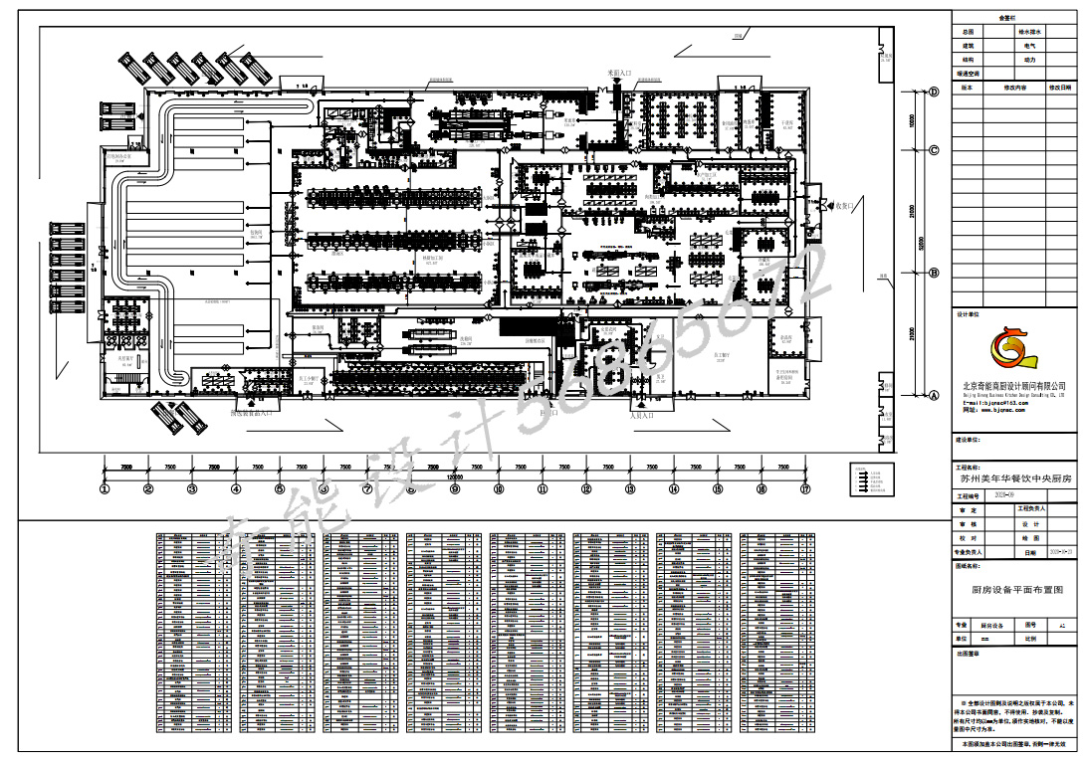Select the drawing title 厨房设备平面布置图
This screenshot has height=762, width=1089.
pyautogui.click(x=1016, y=590)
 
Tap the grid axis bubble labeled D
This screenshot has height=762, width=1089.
pyautogui.click(x=934, y=92)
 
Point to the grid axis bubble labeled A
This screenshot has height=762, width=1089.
pyautogui.click(x=934, y=395)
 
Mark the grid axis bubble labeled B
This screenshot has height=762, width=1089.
pyautogui.click(x=934, y=272)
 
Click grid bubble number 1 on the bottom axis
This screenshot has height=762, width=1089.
pyautogui.click(x=104, y=488)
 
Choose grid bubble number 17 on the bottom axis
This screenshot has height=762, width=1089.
pyautogui.click(x=804, y=488)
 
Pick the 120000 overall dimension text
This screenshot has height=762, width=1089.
pyautogui.click(x=454, y=477)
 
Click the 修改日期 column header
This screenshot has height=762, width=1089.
pyautogui.click(x=1061, y=88)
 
